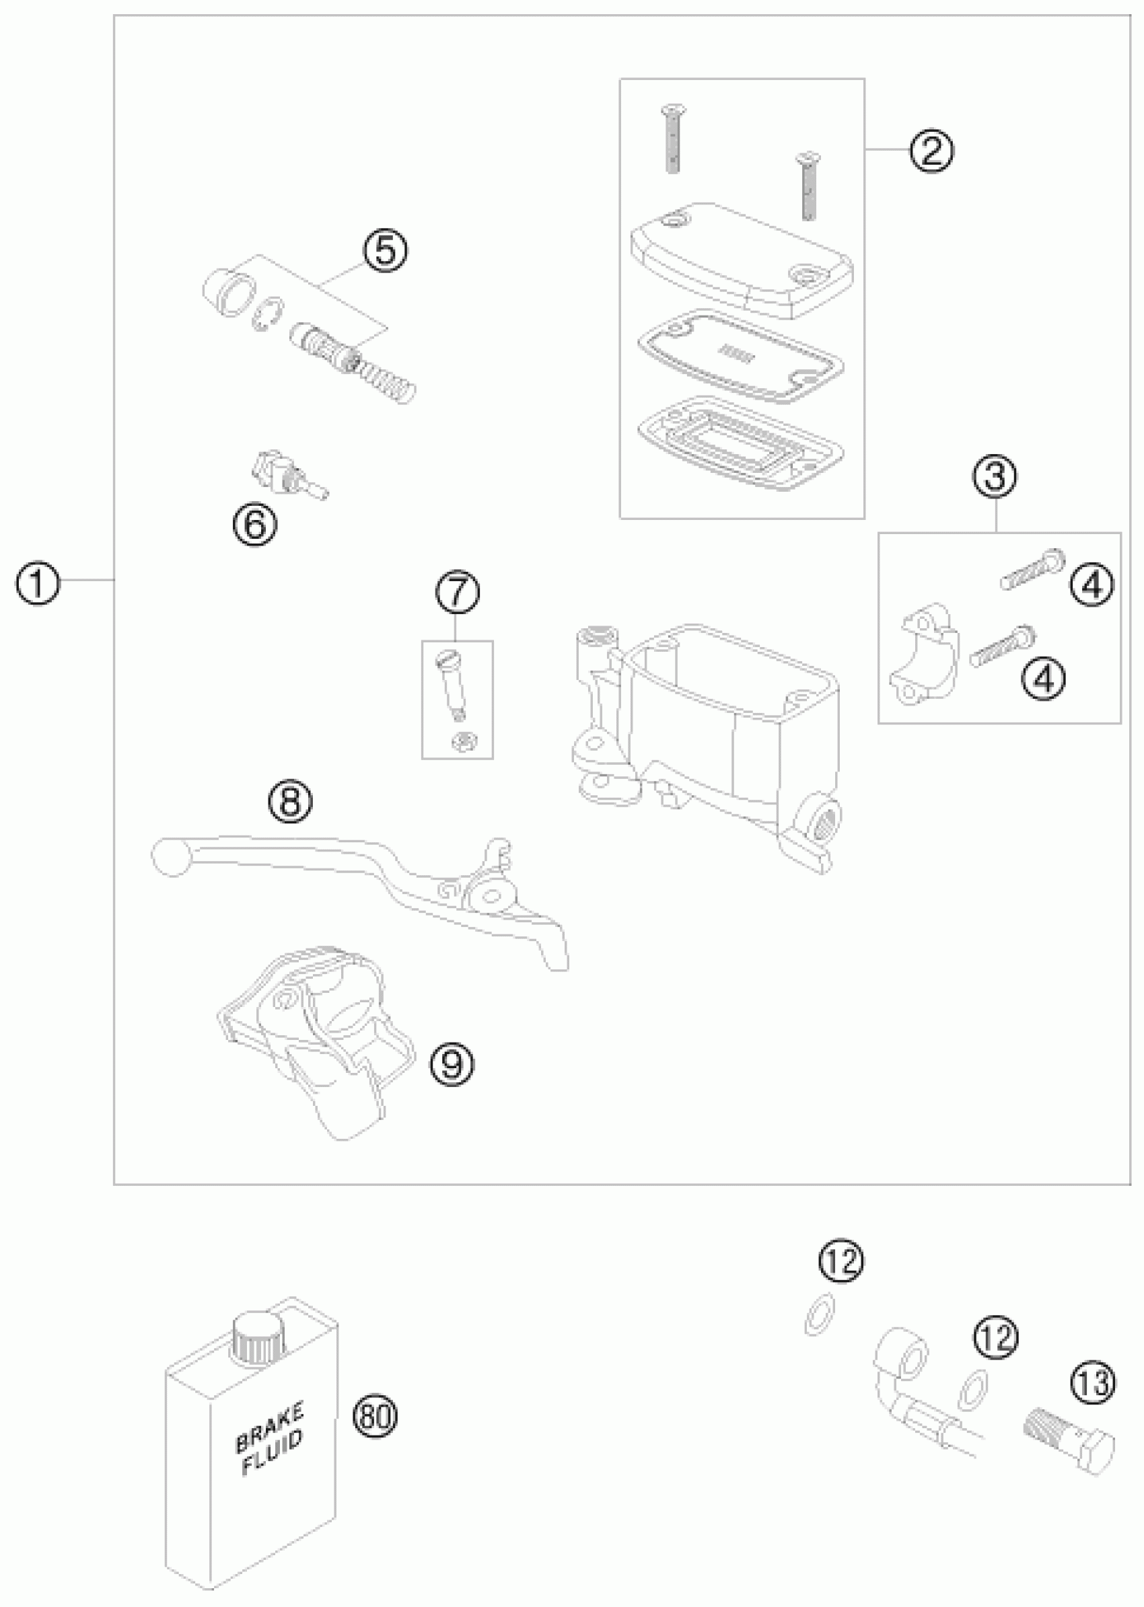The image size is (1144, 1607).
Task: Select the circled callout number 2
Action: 931,151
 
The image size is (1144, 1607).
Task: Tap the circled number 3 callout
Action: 995,477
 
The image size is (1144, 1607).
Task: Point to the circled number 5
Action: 386,251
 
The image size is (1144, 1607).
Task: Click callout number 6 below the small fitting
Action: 255,524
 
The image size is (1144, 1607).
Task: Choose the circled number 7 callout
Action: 458,593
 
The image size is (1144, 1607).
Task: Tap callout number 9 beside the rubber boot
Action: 453,1064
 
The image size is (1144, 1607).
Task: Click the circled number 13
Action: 1094,1382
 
